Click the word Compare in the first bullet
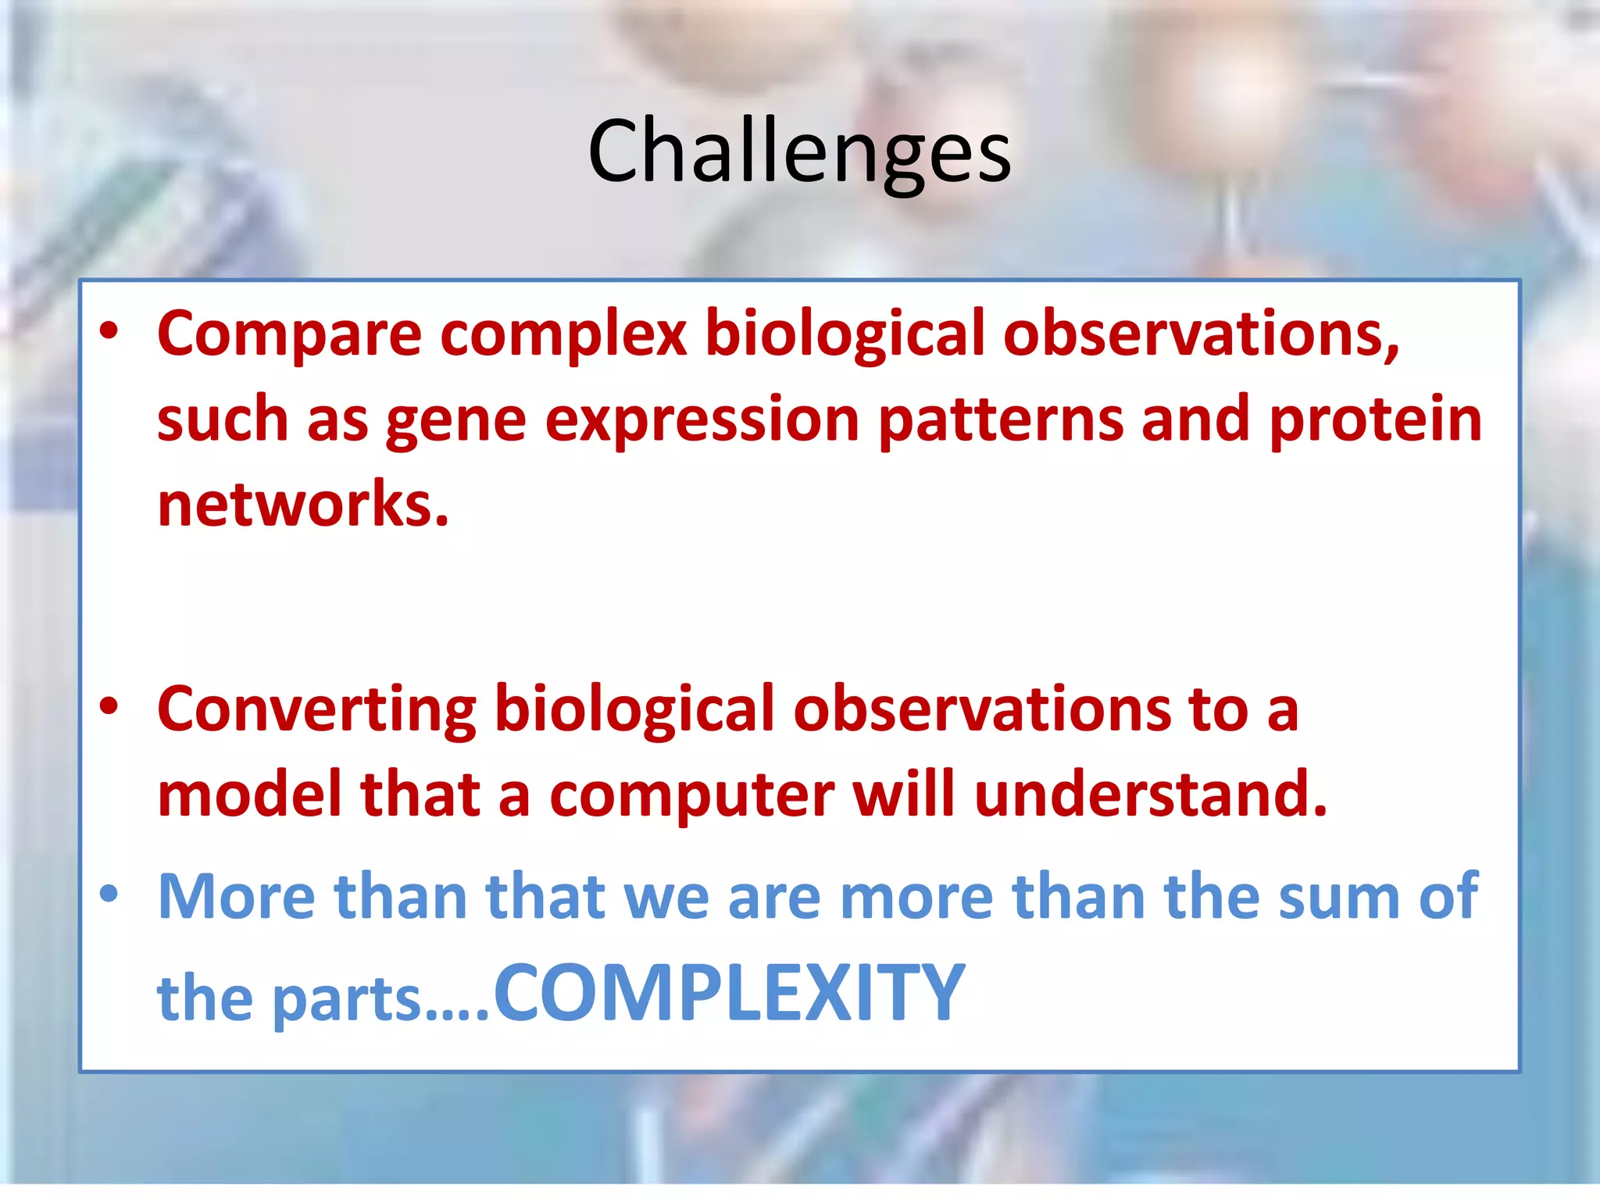(289, 334)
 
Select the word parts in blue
(347, 1000)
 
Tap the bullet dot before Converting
(109, 706)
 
